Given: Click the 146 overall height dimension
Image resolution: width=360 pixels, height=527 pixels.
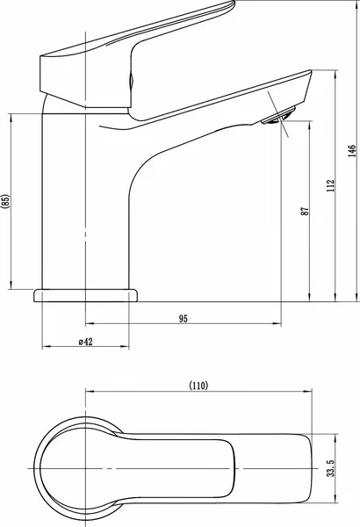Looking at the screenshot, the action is tap(352, 151).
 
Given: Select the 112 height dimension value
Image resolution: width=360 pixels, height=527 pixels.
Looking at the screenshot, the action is tap(331, 186).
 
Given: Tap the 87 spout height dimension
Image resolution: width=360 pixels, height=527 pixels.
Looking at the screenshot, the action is tap(305, 212).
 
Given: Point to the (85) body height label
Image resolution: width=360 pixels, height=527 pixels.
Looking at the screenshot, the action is tap(6, 202).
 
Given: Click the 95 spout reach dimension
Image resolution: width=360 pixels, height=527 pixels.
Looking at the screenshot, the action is tap(184, 318).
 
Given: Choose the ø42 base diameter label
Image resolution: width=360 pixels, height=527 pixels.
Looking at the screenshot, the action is tap(86, 342).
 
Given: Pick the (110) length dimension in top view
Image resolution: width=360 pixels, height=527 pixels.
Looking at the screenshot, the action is tap(198, 386).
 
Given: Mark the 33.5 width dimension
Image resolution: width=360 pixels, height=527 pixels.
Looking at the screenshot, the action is tap(331, 468).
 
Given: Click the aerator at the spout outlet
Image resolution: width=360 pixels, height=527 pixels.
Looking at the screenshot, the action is tap(278, 116).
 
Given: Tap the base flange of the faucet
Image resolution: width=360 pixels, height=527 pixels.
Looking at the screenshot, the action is tap(85, 295).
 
